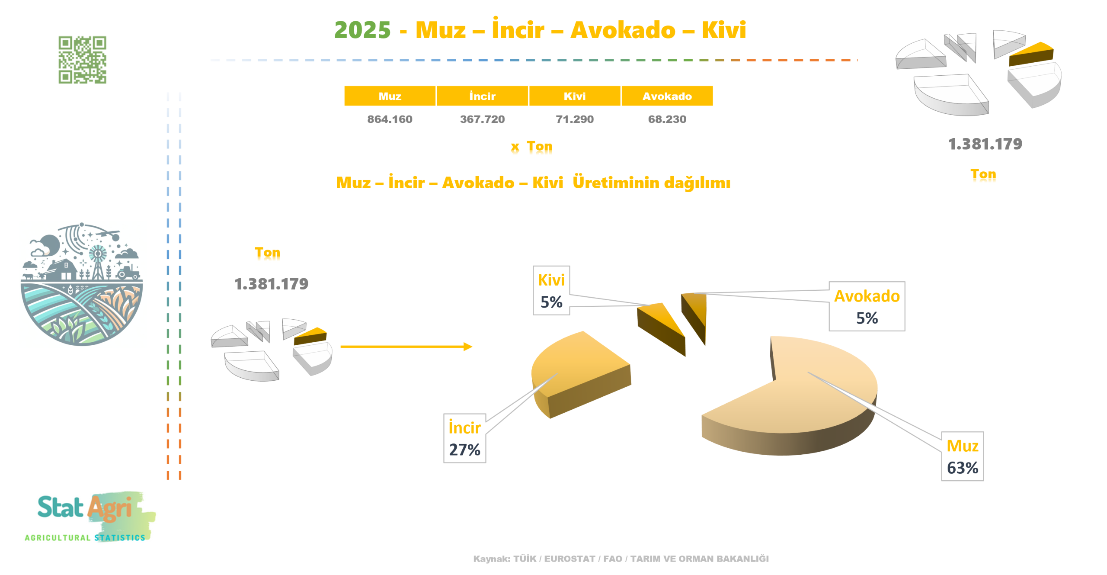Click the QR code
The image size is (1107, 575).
tap(82, 60)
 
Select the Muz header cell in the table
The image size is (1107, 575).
tap(390, 96)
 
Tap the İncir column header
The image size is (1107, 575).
tap(482, 96)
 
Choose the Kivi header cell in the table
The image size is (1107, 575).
tap(575, 96)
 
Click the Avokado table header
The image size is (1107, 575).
tap(667, 96)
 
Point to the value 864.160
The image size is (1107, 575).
tap(390, 119)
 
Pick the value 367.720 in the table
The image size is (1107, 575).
tap(482, 119)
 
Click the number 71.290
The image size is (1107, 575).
tap(575, 119)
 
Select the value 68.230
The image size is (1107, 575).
tap(667, 119)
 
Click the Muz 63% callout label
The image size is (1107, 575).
tap(962, 456)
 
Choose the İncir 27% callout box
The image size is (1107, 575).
tap(464, 438)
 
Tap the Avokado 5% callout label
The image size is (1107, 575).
tap(867, 306)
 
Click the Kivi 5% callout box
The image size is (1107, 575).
tap(551, 290)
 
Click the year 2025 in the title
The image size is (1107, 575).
tap(362, 30)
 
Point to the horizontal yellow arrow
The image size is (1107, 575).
tap(406, 347)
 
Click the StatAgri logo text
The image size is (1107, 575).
tap(85, 508)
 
